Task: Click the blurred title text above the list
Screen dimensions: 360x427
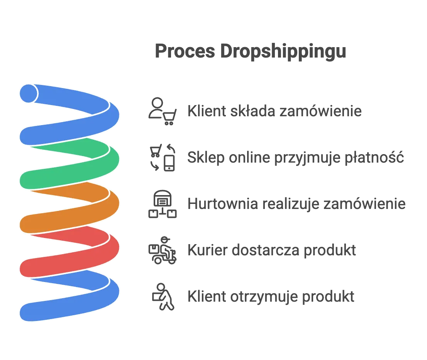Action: (249, 52)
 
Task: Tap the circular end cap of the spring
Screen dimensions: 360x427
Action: (28, 93)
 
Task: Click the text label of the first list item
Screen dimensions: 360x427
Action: (274, 111)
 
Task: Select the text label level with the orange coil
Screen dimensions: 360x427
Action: (297, 204)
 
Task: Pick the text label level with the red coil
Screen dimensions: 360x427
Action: (273, 250)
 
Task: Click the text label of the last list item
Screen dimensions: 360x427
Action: (271, 296)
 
